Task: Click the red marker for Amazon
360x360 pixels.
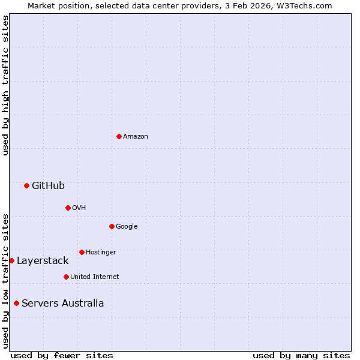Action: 119,136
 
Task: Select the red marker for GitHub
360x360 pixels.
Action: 26,185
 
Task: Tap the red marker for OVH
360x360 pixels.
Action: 68,208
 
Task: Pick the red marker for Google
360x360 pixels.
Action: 112,226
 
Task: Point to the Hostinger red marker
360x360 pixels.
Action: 82,252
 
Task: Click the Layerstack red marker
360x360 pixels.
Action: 11,260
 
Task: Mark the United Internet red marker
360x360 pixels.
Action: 66,277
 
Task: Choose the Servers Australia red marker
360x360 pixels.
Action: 16,303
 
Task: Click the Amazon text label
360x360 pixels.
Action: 136,137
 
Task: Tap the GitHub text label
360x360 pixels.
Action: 48,186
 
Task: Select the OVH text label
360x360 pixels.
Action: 79,208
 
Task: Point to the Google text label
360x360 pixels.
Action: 127,227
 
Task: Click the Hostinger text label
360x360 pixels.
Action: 101,253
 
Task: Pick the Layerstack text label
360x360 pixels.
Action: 43,261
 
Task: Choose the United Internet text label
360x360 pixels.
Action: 94,277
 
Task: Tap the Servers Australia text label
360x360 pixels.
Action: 62,304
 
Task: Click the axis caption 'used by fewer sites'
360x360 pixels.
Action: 62,355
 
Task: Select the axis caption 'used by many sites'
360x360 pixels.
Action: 301,355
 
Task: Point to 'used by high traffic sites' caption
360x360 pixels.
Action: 5,85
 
